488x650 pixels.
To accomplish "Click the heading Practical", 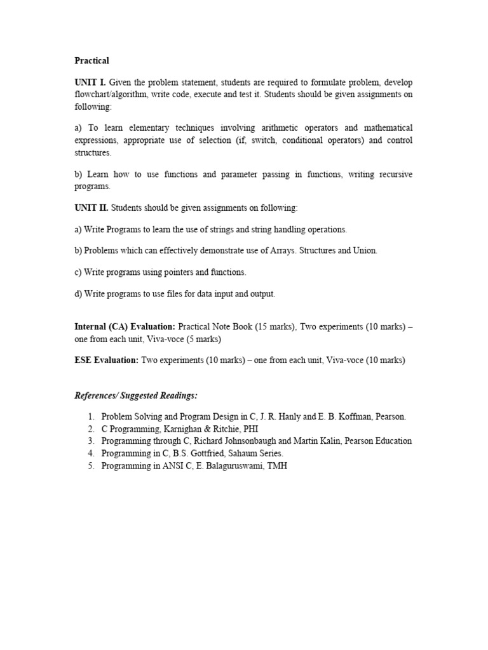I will pyautogui.click(x=91, y=61).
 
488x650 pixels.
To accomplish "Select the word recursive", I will pyautogui.click(x=388, y=175).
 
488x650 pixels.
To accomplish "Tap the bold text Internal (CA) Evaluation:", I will pyautogui.click(x=125, y=327).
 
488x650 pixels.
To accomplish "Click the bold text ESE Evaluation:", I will pyautogui.click(x=106, y=361).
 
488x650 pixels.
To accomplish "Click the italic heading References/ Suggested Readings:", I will pyautogui.click(x=136, y=395).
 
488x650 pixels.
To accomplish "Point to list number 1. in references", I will pyautogui.click(x=91, y=417).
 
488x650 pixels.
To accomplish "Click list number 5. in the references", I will pyautogui.click(x=91, y=465).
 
